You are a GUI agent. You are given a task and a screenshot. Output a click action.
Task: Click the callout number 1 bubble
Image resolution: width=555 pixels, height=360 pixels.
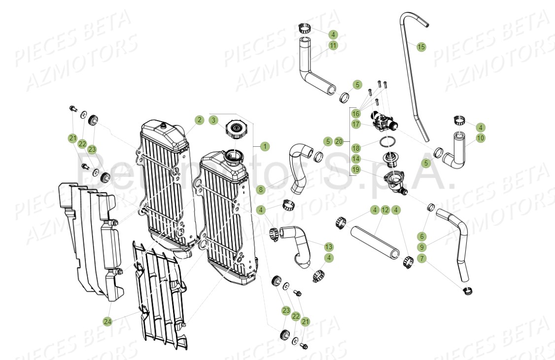point(265,146)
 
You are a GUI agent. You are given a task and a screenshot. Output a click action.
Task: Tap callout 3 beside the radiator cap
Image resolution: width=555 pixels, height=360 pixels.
point(213,120)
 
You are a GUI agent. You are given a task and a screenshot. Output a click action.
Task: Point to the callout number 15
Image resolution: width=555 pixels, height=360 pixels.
point(421,47)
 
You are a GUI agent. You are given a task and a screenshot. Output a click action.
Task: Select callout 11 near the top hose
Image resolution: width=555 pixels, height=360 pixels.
point(333,45)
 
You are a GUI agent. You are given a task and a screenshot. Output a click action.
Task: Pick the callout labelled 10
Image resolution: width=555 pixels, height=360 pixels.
point(480,138)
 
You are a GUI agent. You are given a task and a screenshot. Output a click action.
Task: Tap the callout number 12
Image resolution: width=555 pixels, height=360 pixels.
point(385,210)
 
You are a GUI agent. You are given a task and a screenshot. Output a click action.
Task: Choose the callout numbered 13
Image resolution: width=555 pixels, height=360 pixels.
point(328,246)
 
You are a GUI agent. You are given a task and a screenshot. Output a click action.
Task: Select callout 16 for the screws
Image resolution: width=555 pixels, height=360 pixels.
point(356,113)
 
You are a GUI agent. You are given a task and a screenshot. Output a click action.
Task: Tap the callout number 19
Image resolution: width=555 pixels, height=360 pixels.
point(356,169)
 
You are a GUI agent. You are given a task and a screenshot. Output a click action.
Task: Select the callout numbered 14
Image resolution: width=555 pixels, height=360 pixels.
point(356,159)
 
